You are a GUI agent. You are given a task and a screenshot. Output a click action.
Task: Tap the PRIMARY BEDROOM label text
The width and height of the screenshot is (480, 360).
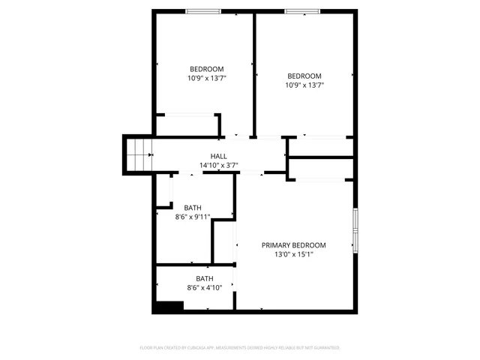click(x=293, y=245)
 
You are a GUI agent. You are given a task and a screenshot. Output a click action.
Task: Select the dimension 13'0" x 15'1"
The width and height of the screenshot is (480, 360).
click(x=293, y=254)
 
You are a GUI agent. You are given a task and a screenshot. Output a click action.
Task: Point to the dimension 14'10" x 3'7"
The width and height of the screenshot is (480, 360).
click(x=218, y=165)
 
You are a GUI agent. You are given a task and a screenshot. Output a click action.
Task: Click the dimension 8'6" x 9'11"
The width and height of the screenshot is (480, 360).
click(x=193, y=217)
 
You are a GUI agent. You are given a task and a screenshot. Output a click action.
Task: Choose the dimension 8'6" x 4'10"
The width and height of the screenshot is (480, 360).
click(x=205, y=287)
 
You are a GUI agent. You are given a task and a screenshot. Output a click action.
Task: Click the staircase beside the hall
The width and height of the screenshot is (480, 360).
click(x=138, y=154)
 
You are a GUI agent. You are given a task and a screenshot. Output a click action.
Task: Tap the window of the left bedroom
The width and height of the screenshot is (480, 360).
click(x=203, y=11)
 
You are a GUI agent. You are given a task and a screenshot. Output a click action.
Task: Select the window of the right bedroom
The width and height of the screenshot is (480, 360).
click(x=303, y=11)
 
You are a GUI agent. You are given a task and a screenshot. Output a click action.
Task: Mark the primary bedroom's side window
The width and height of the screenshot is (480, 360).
click(x=355, y=229)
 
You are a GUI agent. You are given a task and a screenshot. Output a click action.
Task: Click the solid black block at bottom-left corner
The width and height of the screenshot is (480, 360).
click(x=168, y=307)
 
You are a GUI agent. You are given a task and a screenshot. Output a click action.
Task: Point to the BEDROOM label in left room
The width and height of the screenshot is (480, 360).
click(x=206, y=69)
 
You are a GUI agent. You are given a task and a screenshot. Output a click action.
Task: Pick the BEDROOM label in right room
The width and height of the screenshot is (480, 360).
click(x=304, y=76)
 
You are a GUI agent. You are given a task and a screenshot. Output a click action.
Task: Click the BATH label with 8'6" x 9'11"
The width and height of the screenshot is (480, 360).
click(x=193, y=208)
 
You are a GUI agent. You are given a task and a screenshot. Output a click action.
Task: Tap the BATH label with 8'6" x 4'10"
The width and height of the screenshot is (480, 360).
click(x=205, y=278)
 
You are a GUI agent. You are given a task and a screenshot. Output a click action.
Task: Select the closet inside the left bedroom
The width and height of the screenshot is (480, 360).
click(x=186, y=124)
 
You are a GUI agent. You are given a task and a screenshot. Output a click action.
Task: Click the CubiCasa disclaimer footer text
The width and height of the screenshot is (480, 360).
click(x=240, y=348)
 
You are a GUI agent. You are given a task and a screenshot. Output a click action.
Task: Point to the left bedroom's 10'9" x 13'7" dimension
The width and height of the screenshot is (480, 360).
click(x=206, y=78)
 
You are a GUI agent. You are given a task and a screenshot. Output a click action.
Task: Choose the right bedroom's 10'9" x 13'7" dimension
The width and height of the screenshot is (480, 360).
click(x=304, y=85)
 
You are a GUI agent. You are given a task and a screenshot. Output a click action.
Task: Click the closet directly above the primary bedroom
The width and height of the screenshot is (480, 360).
click(x=321, y=169)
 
